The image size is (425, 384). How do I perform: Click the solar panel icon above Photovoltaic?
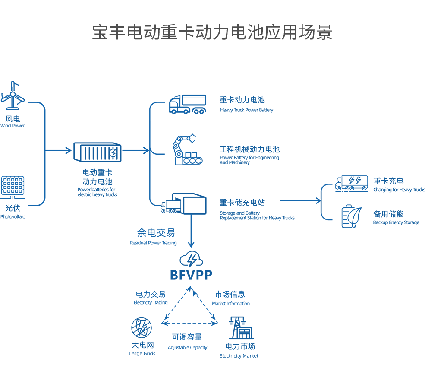[13, 185]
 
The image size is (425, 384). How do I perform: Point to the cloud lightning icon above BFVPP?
[191, 260]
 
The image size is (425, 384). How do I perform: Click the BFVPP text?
[191, 275]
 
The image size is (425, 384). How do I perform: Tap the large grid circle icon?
[142, 327]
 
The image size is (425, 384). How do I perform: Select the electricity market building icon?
[241, 328]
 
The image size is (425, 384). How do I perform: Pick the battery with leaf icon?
[351, 216]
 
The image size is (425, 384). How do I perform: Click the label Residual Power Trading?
[154, 243]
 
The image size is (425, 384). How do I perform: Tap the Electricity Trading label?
[151, 303]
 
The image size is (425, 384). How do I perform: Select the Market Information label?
[231, 304]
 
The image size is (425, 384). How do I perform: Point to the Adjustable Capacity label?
[187, 347]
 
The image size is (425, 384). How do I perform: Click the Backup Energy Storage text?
[396, 223]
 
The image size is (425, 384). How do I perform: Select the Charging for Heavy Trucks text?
[399, 190]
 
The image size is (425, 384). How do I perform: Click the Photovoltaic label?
[13, 216]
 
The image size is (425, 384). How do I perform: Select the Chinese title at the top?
[212, 33]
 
